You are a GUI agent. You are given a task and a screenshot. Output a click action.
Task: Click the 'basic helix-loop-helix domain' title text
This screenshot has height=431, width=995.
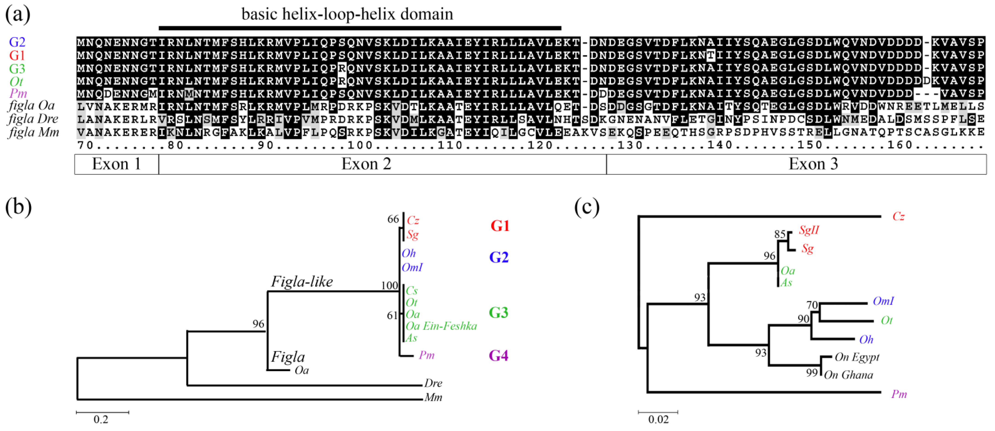tap(347, 14)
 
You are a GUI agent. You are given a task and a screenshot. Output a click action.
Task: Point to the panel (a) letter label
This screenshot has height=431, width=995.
tap(17, 15)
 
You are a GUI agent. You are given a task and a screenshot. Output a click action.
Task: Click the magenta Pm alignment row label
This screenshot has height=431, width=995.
tap(18, 93)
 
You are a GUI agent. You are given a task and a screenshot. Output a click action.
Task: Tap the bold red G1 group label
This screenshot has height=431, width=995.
tap(500, 226)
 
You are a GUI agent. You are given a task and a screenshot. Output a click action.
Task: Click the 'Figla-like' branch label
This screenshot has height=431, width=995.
tap(302, 282)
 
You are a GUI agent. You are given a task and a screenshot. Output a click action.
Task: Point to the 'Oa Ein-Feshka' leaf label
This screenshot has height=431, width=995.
tap(441, 326)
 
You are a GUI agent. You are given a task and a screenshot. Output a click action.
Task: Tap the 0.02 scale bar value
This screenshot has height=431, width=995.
tap(658, 419)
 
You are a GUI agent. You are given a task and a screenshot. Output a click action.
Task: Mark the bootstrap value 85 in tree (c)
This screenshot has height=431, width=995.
tap(780, 234)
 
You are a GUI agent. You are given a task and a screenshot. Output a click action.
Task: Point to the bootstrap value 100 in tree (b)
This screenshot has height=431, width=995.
tap(389, 286)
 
